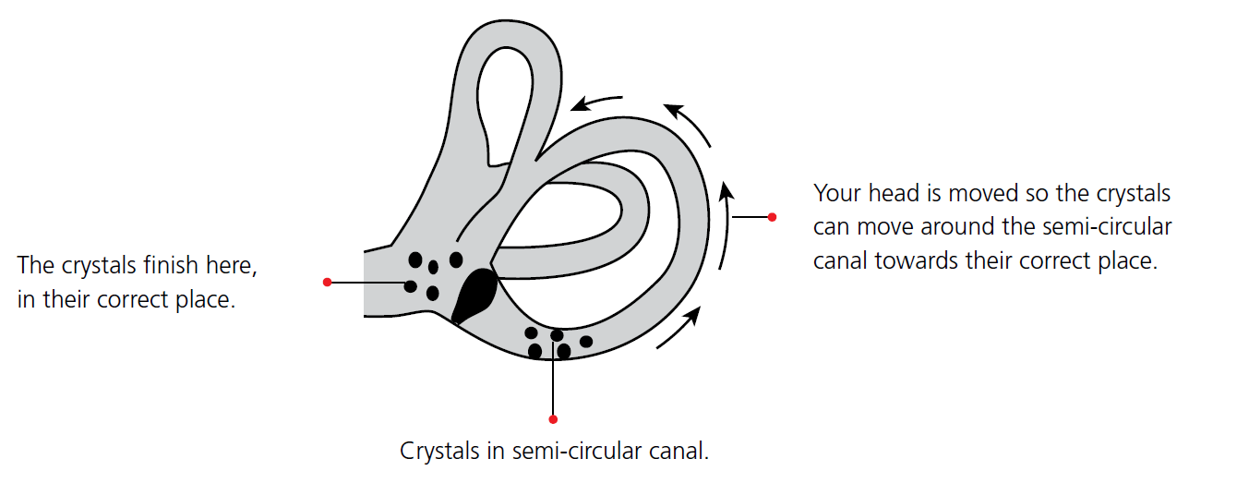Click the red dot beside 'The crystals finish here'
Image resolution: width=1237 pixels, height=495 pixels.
click(x=327, y=282)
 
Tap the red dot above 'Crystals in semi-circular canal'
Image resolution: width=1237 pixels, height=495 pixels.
click(x=553, y=419)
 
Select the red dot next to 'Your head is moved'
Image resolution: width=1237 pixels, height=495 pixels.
click(x=772, y=217)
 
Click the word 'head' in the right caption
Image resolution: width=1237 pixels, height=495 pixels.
click(x=893, y=195)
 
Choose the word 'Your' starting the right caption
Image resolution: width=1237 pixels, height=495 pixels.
click(x=835, y=195)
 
